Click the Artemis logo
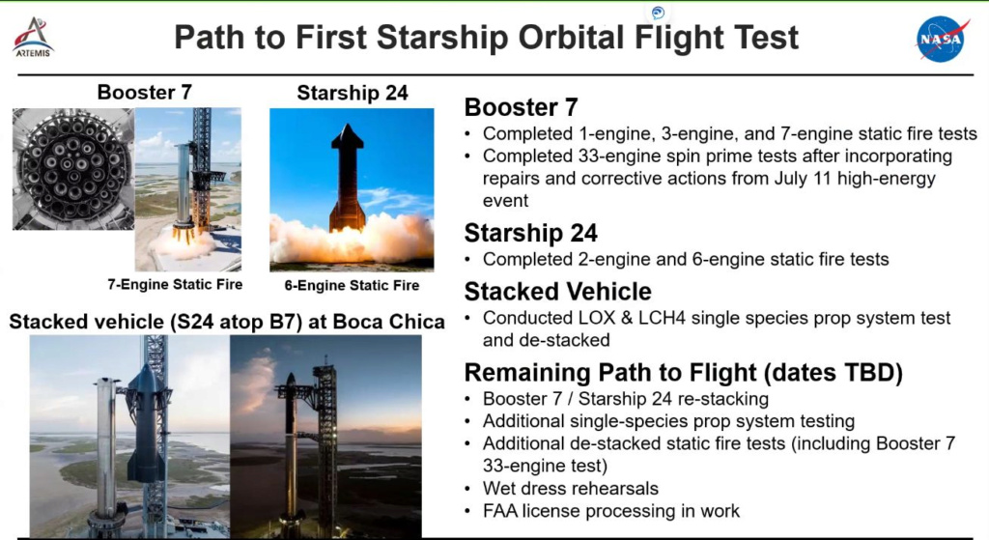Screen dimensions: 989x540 pyautogui.click(x=33, y=38)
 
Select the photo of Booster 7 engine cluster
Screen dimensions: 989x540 pyautogui.click(x=73, y=169)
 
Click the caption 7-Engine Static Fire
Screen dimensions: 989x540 pyautogui.click(x=175, y=285)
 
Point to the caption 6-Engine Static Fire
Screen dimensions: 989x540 pyautogui.click(x=352, y=285)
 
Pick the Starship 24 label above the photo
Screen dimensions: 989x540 pyautogui.click(x=352, y=93)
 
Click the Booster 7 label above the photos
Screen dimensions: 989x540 pyautogui.click(x=145, y=92)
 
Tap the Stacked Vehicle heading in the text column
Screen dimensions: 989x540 pyautogui.click(x=557, y=292)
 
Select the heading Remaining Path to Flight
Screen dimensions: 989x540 pyautogui.click(x=684, y=372)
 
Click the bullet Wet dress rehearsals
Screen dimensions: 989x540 pyautogui.click(x=570, y=488)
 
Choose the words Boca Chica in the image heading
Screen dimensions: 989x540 pyautogui.click(x=388, y=322)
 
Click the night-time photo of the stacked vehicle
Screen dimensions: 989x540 pyautogui.click(x=325, y=436)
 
